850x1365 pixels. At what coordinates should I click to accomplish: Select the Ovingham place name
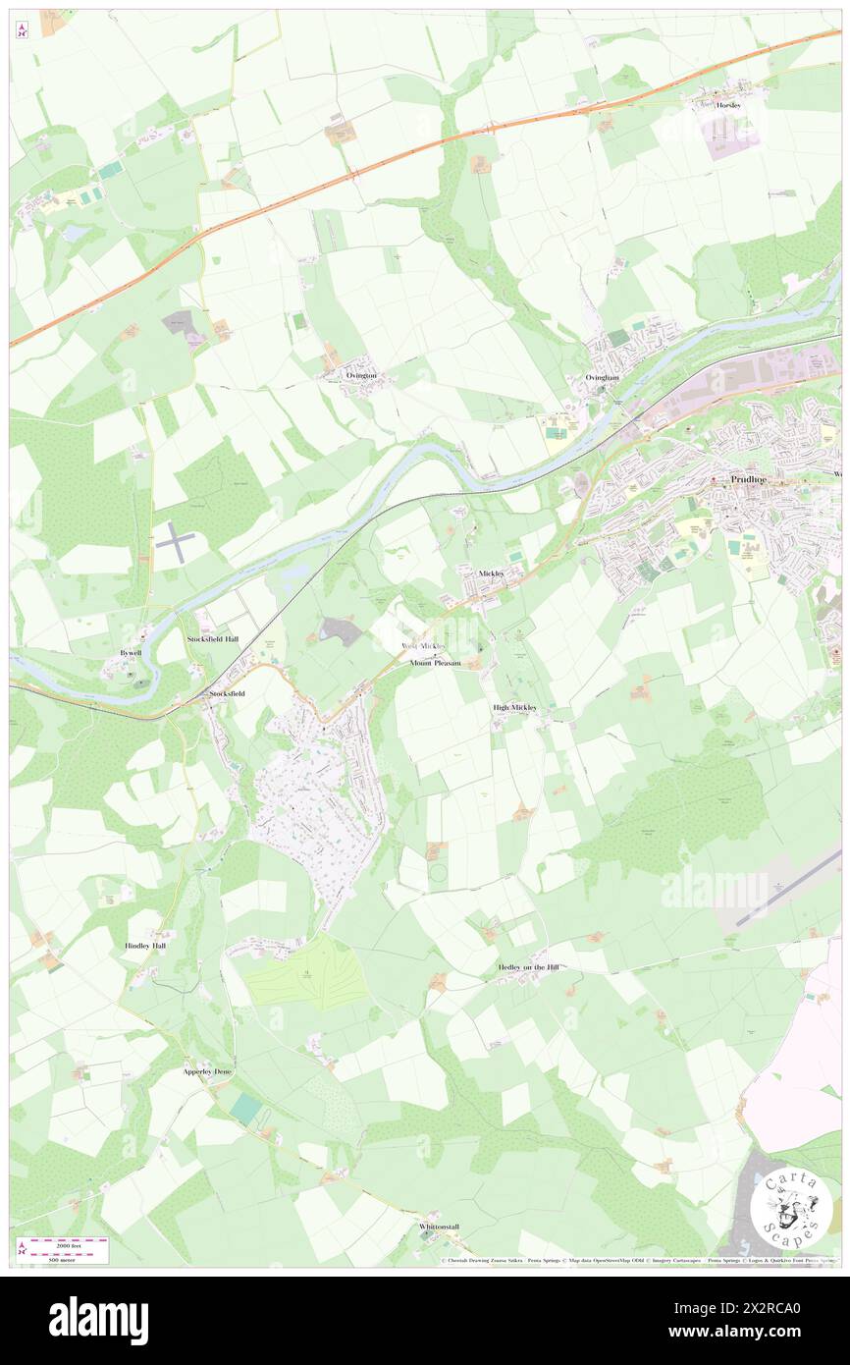click(x=602, y=377)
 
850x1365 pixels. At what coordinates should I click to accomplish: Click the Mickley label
click(x=491, y=572)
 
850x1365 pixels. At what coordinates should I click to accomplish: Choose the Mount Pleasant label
click(x=435, y=663)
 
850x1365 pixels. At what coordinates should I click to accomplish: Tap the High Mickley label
click(x=515, y=707)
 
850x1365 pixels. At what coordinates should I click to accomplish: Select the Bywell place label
click(x=131, y=652)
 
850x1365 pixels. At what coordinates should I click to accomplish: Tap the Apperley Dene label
click(x=207, y=1071)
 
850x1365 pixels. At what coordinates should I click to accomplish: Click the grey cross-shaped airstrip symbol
click(x=175, y=542)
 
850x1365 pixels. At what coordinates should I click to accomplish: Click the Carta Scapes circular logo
click(x=791, y=1211)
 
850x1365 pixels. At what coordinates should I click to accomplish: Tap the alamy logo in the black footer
click(x=98, y=1320)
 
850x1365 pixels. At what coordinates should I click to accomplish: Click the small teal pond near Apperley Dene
click(x=246, y=1108)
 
